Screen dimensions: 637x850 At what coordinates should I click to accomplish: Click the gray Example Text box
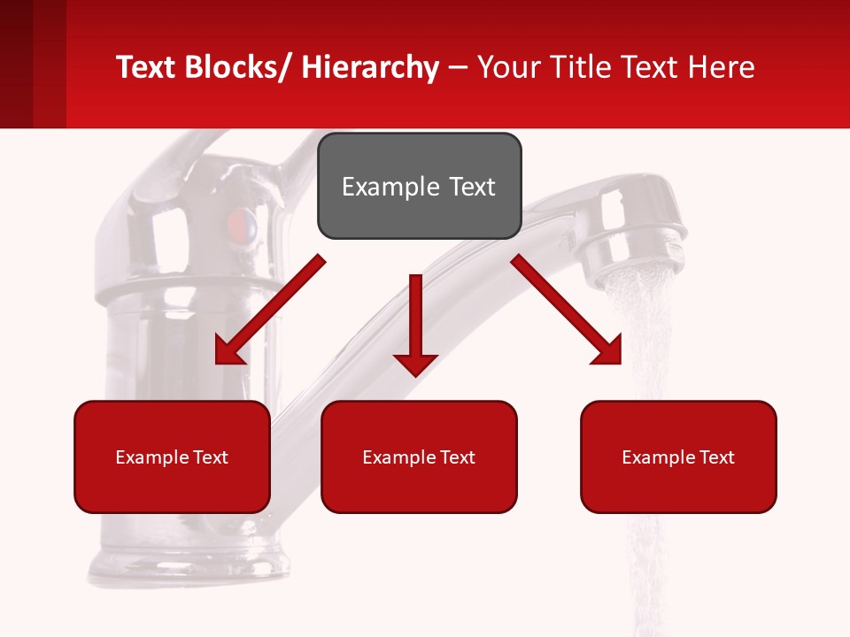419,186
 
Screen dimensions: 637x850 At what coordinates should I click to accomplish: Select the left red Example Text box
172,457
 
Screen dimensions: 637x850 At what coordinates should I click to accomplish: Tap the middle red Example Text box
419,457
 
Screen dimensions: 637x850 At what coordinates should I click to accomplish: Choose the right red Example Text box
678,457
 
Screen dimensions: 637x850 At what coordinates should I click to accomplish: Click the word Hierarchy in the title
370,67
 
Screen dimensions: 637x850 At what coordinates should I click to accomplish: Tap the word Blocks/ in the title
238,67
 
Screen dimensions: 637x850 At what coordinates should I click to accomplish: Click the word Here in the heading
722,67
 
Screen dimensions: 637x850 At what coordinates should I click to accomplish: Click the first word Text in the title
146,67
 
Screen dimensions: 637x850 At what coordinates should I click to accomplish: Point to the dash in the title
458,67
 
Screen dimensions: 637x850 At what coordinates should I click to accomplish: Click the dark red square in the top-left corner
16,64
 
